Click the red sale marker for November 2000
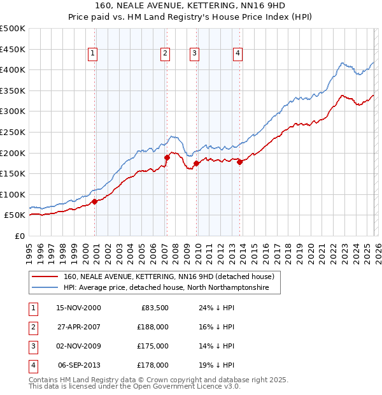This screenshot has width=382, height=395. point(95,201)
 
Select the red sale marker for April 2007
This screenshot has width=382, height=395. point(167,157)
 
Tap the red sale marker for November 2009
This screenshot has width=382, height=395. point(196,163)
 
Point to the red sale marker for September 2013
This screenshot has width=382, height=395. point(239,162)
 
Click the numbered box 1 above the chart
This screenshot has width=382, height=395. point(93,54)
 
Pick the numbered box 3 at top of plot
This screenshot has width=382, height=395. point(194,54)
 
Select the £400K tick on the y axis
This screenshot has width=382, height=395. point(13,69)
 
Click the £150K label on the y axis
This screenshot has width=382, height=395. point(13,173)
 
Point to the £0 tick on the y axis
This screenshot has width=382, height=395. point(20,236)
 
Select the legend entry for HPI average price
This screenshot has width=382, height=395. point(166,288)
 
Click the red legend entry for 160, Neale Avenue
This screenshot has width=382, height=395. point(169,276)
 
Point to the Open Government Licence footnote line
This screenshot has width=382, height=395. point(135,387)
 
